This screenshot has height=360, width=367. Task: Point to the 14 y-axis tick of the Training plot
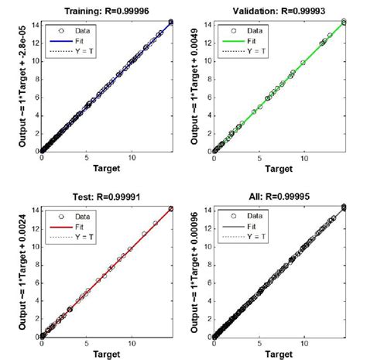[x=34, y=25]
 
